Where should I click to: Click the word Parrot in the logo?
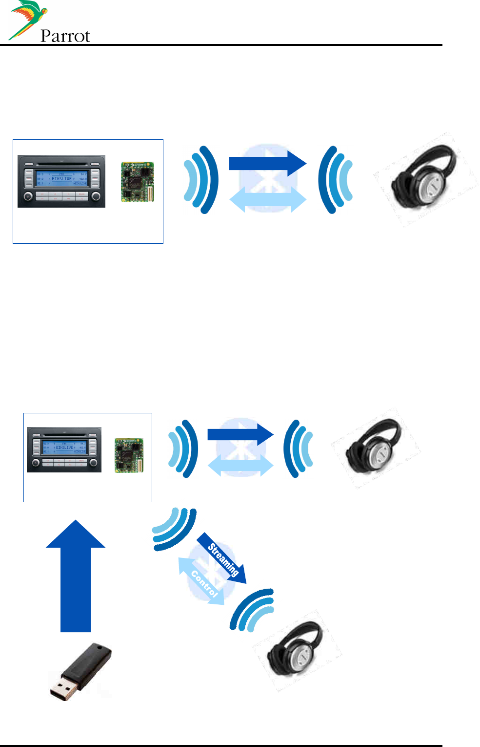pos(65,36)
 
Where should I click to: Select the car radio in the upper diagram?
pos(61,181)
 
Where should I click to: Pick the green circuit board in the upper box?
pos(138,182)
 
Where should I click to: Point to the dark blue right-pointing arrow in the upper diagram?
pos(267,163)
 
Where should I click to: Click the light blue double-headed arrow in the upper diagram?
pos(267,200)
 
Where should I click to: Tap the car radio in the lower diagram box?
pos(64,449)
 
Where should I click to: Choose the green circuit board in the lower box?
pos(129,455)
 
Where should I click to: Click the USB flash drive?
pos(80,672)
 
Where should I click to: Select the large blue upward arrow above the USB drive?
pos(76,576)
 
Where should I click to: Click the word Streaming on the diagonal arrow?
pos(223,559)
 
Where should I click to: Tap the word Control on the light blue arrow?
pos(204,583)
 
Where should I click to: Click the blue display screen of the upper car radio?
pos(62,178)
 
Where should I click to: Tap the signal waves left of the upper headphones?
pos(335,180)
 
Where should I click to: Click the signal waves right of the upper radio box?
pos(201,180)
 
